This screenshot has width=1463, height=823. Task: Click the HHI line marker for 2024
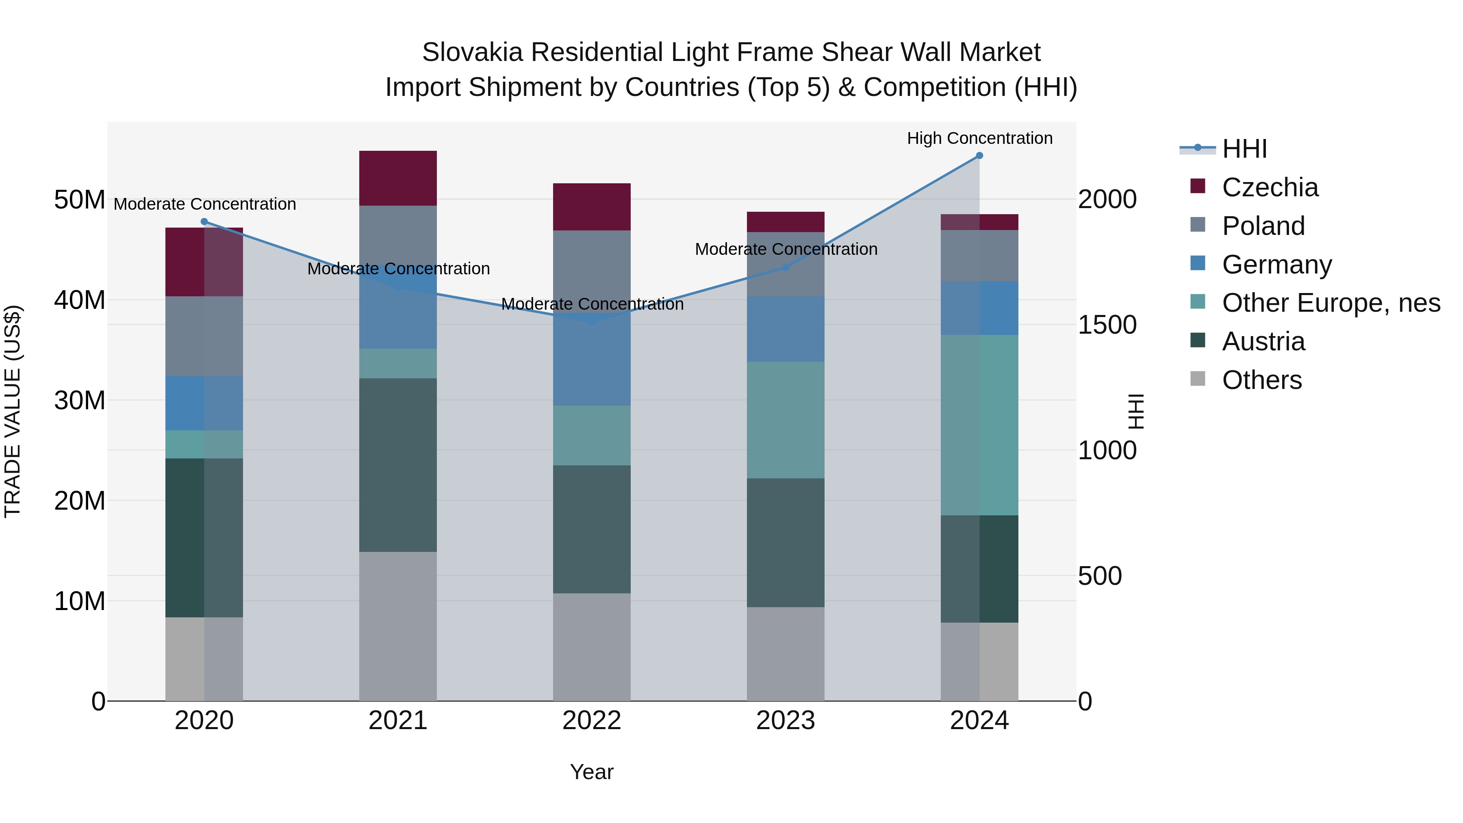click(979, 156)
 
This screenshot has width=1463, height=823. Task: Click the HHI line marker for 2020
click(204, 222)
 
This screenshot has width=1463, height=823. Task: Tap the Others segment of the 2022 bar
click(592, 647)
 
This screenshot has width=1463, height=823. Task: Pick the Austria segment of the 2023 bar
click(786, 543)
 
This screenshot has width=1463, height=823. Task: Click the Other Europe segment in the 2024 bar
click(979, 425)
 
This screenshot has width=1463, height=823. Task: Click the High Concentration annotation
click(979, 139)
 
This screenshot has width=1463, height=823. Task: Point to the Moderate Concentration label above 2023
click(786, 250)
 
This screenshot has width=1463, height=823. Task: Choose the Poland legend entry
click(1263, 226)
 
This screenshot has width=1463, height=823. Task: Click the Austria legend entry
click(1263, 342)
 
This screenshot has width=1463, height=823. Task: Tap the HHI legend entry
click(1244, 149)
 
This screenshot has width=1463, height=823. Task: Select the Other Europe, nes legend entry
click(1331, 303)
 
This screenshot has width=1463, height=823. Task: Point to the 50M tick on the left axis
click(80, 200)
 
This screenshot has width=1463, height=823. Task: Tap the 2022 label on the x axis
click(592, 721)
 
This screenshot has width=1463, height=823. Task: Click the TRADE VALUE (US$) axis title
click(13, 411)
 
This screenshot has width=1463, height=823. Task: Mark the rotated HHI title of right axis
click(1135, 411)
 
